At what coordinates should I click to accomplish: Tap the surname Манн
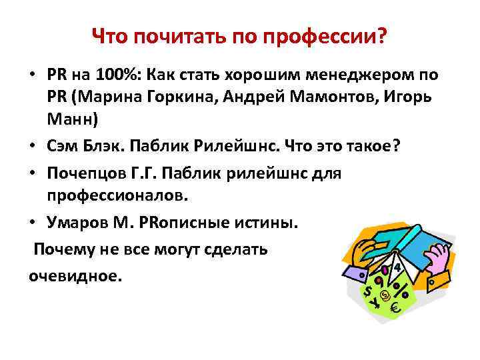point(71,121)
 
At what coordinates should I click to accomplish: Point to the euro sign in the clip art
point(395,307)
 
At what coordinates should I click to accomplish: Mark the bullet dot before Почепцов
point(33,173)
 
